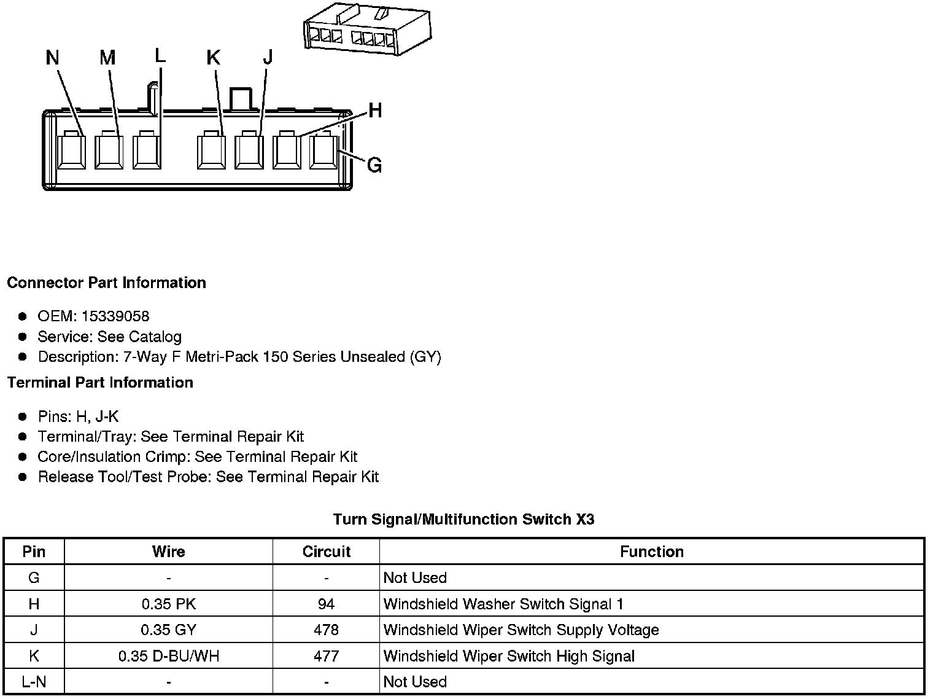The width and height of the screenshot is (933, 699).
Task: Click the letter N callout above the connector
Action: (53, 58)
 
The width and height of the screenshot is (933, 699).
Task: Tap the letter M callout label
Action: (107, 58)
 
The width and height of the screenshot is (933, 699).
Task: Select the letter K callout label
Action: (213, 58)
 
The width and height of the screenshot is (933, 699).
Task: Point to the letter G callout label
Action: (374, 165)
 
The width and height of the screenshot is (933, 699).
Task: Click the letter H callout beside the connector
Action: (375, 111)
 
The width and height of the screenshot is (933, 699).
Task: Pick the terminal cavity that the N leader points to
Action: (72, 151)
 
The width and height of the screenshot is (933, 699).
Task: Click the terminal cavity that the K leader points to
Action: (212, 151)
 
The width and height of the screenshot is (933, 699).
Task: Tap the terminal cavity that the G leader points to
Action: (324, 151)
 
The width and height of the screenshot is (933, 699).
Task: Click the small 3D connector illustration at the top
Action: (367, 30)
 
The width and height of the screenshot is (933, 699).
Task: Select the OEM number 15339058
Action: (115, 316)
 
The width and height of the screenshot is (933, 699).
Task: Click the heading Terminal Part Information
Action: (100, 383)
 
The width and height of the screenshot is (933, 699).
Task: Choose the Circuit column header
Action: (326, 552)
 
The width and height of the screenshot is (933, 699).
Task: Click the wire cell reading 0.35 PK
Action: (168, 604)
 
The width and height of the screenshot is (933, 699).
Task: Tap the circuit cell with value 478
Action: (326, 630)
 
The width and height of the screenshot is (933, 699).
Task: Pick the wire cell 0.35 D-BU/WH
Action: (168, 656)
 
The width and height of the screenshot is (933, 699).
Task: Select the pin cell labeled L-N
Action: (34, 682)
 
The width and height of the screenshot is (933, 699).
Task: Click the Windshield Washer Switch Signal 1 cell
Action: (503, 604)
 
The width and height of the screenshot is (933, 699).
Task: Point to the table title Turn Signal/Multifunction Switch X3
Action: (463, 520)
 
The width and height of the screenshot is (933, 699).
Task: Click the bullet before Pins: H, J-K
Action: (23, 416)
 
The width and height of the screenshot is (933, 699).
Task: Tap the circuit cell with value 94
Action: (326, 604)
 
